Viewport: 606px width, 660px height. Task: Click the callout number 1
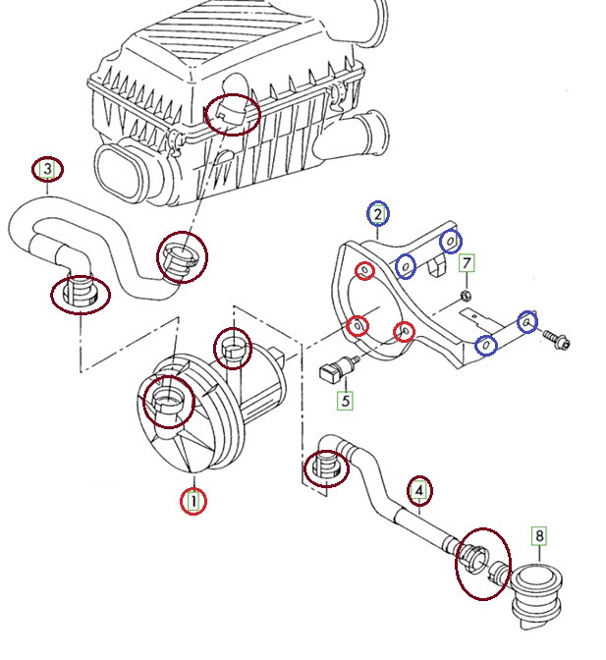click(193, 501)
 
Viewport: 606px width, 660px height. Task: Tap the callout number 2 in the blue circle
click(378, 214)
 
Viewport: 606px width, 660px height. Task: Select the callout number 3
click(47, 169)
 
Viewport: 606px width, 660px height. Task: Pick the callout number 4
click(419, 491)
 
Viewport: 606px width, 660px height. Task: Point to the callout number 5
click(346, 401)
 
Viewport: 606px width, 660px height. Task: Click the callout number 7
click(467, 263)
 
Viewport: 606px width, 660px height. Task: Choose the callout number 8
click(539, 536)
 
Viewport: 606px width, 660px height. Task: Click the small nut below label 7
click(466, 296)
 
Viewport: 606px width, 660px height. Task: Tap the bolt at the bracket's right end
click(556, 339)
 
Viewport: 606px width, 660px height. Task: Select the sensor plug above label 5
click(338, 368)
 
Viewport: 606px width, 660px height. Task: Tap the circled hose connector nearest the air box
click(182, 257)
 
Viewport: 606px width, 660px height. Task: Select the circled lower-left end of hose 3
click(80, 294)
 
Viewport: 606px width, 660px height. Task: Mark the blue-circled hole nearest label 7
click(451, 242)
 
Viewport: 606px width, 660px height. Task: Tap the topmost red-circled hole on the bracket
click(364, 271)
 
